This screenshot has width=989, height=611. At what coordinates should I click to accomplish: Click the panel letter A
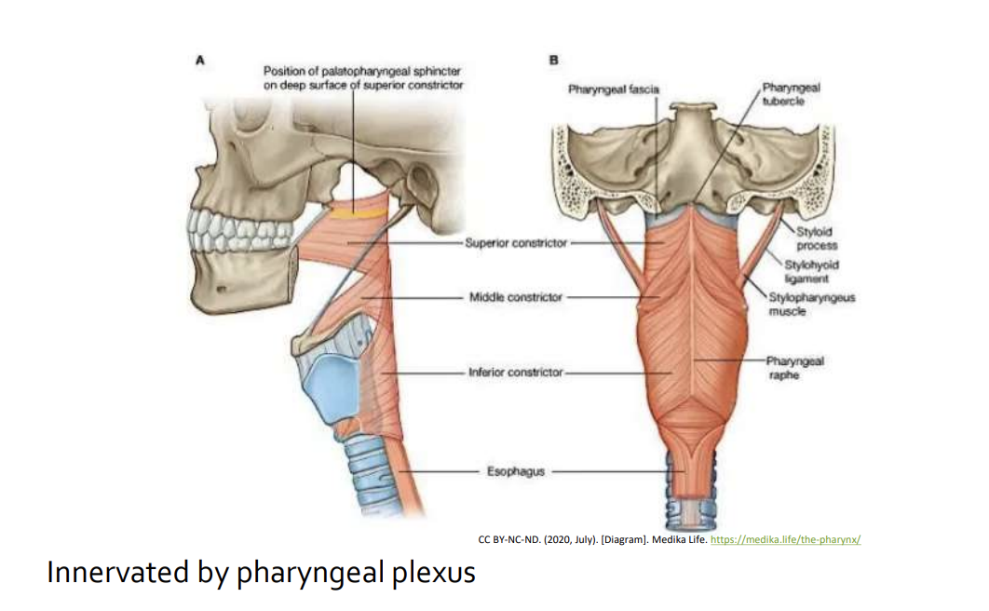tap(200, 61)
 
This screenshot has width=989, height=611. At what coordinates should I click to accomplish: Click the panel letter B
tap(554, 61)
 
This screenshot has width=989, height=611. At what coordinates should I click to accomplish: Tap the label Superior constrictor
tap(516, 243)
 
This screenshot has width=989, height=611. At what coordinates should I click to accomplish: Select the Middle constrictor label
tap(515, 297)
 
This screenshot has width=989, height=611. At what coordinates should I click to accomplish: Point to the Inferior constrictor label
tap(515, 372)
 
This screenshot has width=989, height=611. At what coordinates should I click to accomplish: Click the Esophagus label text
tap(515, 471)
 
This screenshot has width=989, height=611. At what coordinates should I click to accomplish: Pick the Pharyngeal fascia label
tap(613, 89)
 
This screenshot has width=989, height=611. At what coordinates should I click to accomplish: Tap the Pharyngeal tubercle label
tap(791, 94)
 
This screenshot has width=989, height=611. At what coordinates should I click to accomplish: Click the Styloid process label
tap(816, 238)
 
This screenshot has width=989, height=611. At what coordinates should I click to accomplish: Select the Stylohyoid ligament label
tap(811, 271)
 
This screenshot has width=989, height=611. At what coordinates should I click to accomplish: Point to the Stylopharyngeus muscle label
tap(812, 304)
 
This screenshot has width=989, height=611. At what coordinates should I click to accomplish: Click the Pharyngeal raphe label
tap(794, 368)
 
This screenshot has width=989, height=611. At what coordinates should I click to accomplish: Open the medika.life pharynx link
tap(785, 540)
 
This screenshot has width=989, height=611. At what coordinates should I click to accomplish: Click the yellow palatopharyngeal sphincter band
tap(357, 213)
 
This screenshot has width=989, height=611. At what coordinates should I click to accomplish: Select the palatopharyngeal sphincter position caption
tap(362, 77)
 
